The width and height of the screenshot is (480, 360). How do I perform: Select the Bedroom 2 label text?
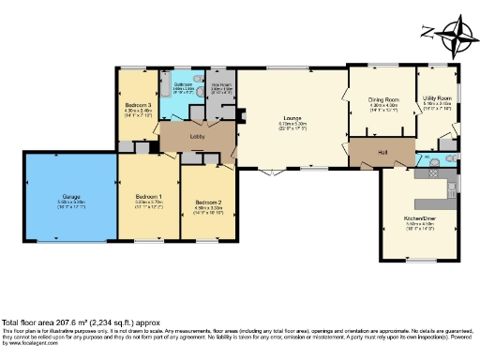[x=208, y=202]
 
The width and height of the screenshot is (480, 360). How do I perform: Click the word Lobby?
[x=198, y=137]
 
